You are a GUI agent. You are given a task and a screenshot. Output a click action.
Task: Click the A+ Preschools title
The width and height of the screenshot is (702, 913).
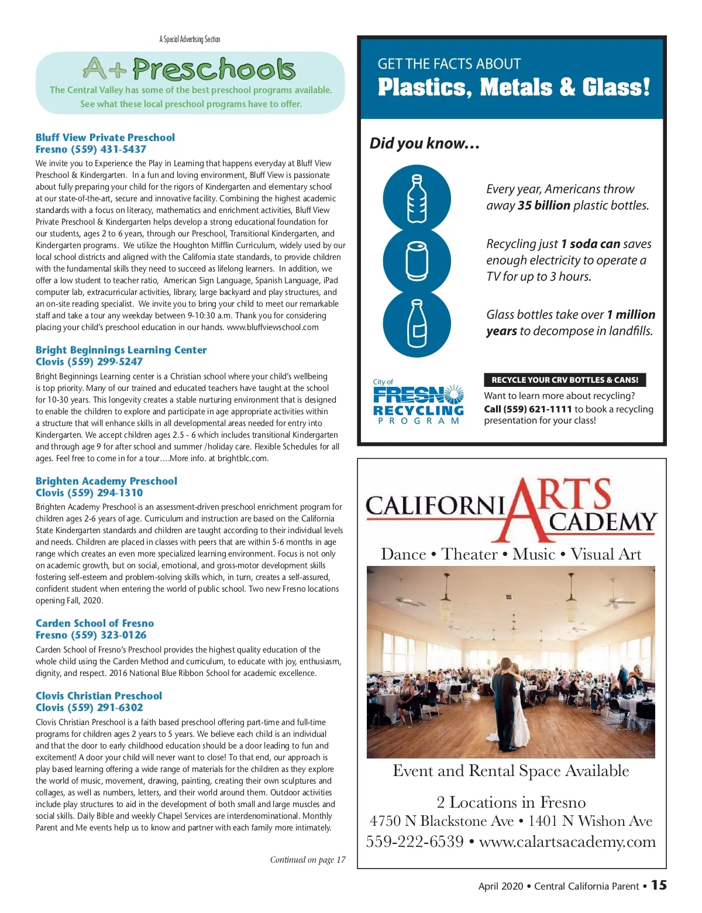[189, 70]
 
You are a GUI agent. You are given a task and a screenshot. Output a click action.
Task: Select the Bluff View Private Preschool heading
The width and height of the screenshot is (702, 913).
[105, 138]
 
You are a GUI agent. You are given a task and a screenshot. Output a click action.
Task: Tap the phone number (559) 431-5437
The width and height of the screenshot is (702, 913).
[108, 149]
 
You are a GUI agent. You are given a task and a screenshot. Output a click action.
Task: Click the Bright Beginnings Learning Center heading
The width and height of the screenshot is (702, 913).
[121, 350]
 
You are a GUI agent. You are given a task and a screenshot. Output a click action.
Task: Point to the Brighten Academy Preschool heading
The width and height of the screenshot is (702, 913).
[106, 481]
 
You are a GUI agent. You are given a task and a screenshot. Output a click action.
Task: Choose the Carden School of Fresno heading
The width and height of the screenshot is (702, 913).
[95, 623]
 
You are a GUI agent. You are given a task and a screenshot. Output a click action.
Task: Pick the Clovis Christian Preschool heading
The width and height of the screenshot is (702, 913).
[99, 696]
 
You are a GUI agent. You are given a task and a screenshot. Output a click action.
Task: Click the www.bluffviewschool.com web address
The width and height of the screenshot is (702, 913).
[273, 327]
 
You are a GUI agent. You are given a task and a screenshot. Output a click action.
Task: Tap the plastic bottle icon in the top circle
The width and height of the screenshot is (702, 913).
[417, 198]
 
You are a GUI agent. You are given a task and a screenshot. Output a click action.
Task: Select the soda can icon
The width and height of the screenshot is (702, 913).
[417, 261]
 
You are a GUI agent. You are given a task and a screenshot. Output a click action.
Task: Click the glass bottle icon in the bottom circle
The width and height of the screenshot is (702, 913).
[417, 323]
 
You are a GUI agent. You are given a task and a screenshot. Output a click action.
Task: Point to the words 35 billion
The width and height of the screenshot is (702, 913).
[543, 205]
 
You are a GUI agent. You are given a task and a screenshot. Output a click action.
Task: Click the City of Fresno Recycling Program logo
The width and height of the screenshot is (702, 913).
[418, 401]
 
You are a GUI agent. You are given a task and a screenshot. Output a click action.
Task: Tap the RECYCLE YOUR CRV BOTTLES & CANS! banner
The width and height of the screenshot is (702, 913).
[565, 380]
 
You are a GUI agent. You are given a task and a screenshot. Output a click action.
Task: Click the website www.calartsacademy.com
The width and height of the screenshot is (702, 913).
[567, 842]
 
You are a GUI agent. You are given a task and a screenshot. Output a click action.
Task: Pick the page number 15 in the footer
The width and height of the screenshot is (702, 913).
[659, 885]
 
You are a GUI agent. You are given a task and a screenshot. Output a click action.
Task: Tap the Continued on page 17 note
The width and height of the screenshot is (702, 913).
[308, 860]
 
